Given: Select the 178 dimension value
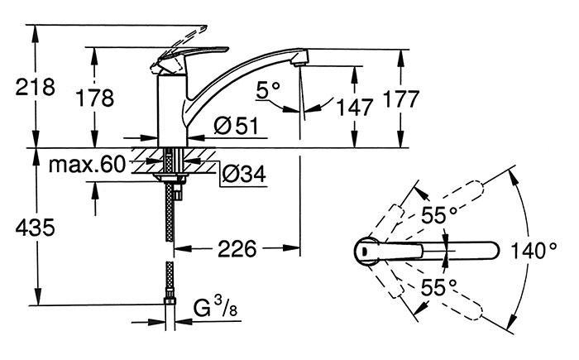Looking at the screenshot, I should [95, 98].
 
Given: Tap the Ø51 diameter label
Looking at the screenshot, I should [235, 127].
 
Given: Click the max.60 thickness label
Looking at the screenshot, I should [86, 164].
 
